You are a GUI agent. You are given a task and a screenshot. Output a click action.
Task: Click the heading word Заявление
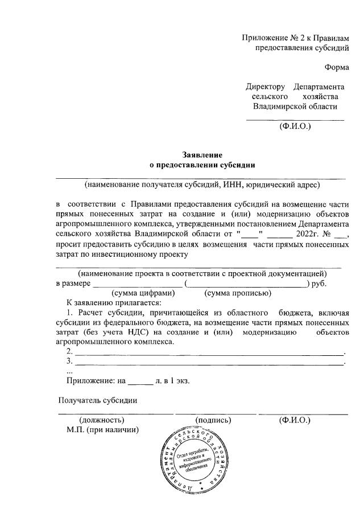click(x=202, y=155)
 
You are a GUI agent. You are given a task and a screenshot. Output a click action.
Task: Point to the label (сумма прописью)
click(x=237, y=293)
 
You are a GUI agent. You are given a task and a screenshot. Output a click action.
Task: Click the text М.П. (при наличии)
click(x=102, y=430)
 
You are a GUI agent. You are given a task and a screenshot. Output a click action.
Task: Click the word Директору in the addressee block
click(x=265, y=87)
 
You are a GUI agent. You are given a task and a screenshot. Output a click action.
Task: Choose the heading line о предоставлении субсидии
click(x=202, y=165)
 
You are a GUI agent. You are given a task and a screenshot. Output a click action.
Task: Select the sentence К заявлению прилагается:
click(x=114, y=303)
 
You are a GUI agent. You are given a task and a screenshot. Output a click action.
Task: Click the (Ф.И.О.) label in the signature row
click(x=295, y=420)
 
